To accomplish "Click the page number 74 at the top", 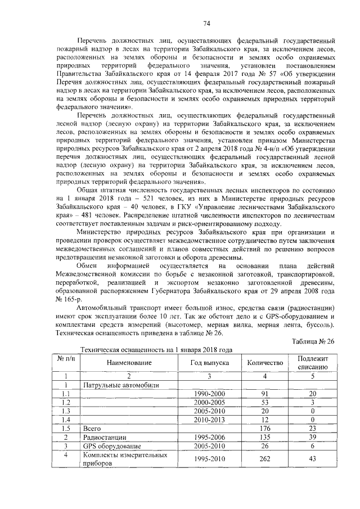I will pos(206,23).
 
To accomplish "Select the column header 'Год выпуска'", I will pos(209,363).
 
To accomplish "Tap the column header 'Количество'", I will pos(265,363).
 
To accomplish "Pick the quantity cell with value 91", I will pos(264,394).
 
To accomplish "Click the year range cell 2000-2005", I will pos(209,403).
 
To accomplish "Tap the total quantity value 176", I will pos(264,429).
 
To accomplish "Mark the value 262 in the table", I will pos(264,458).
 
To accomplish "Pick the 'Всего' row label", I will pos(92,429).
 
